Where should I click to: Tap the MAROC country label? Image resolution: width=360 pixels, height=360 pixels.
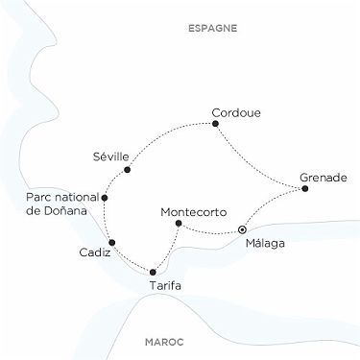pyautogui.click(x=164, y=342)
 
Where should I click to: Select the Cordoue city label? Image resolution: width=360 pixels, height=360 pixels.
pyautogui.click(x=235, y=111)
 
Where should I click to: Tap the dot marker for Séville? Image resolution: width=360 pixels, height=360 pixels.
pyautogui.click(x=127, y=170)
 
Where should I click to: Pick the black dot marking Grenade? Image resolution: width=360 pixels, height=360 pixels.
pyautogui.click(x=305, y=189)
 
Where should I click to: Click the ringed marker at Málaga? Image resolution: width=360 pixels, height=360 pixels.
pyautogui.click(x=242, y=230)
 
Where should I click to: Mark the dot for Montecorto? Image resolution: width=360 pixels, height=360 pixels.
pyautogui.click(x=178, y=224)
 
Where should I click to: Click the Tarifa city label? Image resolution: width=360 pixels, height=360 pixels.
pyautogui.click(x=167, y=287)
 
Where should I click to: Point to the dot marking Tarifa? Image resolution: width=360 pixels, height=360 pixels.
pyautogui.click(x=153, y=273)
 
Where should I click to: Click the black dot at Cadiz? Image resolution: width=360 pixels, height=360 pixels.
pyautogui.click(x=112, y=242)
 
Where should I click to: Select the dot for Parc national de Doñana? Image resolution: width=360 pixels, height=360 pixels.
pyautogui.click(x=105, y=198)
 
